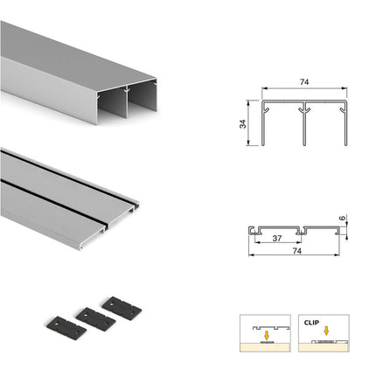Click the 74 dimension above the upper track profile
tap(304, 82)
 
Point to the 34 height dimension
tap(242, 124)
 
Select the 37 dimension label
tap(277, 239)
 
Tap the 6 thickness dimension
tap(343, 218)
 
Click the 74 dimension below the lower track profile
tap(296, 251)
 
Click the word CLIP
tap(311, 323)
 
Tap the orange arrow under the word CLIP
tap(326, 331)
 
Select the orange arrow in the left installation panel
tap(266, 335)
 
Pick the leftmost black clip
tap(66, 329)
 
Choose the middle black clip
tap(95, 319)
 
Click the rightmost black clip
tap(122, 309)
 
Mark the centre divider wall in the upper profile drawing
tap(304, 124)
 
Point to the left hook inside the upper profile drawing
tap(266, 109)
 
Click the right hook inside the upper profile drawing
tap(343, 109)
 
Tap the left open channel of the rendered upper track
tap(112, 105)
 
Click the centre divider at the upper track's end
tap(127, 102)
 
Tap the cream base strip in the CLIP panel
tap(324, 347)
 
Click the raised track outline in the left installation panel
tap(271, 327)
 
